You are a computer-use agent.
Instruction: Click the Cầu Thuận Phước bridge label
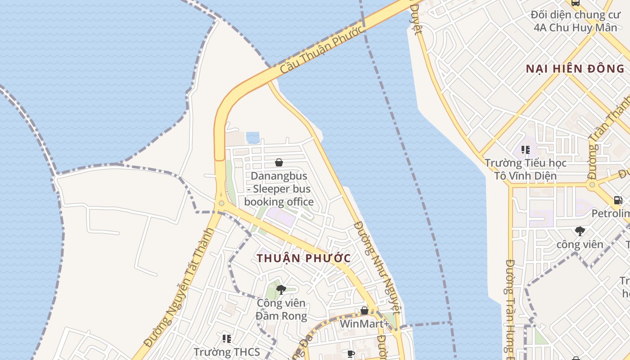pyautogui.click(x=321, y=50)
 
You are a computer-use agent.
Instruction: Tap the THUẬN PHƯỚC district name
pyautogui.click(x=304, y=258)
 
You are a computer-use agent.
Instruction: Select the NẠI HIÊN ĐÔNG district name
pyautogui.click(x=576, y=69)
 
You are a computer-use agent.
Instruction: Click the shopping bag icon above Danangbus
pyautogui.click(x=279, y=162)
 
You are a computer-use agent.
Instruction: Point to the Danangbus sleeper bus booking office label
pyautogui.click(x=279, y=189)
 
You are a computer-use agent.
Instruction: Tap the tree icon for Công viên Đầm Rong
pyautogui.click(x=281, y=289)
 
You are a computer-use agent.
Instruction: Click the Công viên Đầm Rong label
pyautogui.click(x=281, y=309)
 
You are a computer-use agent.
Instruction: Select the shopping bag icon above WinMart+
pyautogui.click(x=364, y=310)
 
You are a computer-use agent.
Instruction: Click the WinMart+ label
pyautogui.click(x=364, y=324)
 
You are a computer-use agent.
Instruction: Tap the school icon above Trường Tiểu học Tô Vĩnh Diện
pyautogui.click(x=525, y=149)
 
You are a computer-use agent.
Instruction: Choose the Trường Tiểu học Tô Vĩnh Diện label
pyautogui.click(x=526, y=169)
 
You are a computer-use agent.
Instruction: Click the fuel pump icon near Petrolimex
pyautogui.click(x=618, y=200)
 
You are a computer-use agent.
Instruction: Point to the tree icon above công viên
pyautogui.click(x=580, y=231)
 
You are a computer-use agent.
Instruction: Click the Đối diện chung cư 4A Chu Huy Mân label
pyautogui.click(x=575, y=21)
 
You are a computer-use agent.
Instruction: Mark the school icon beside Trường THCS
pyautogui.click(x=227, y=338)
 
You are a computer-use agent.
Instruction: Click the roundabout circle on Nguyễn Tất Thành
pyautogui.click(x=221, y=203)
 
